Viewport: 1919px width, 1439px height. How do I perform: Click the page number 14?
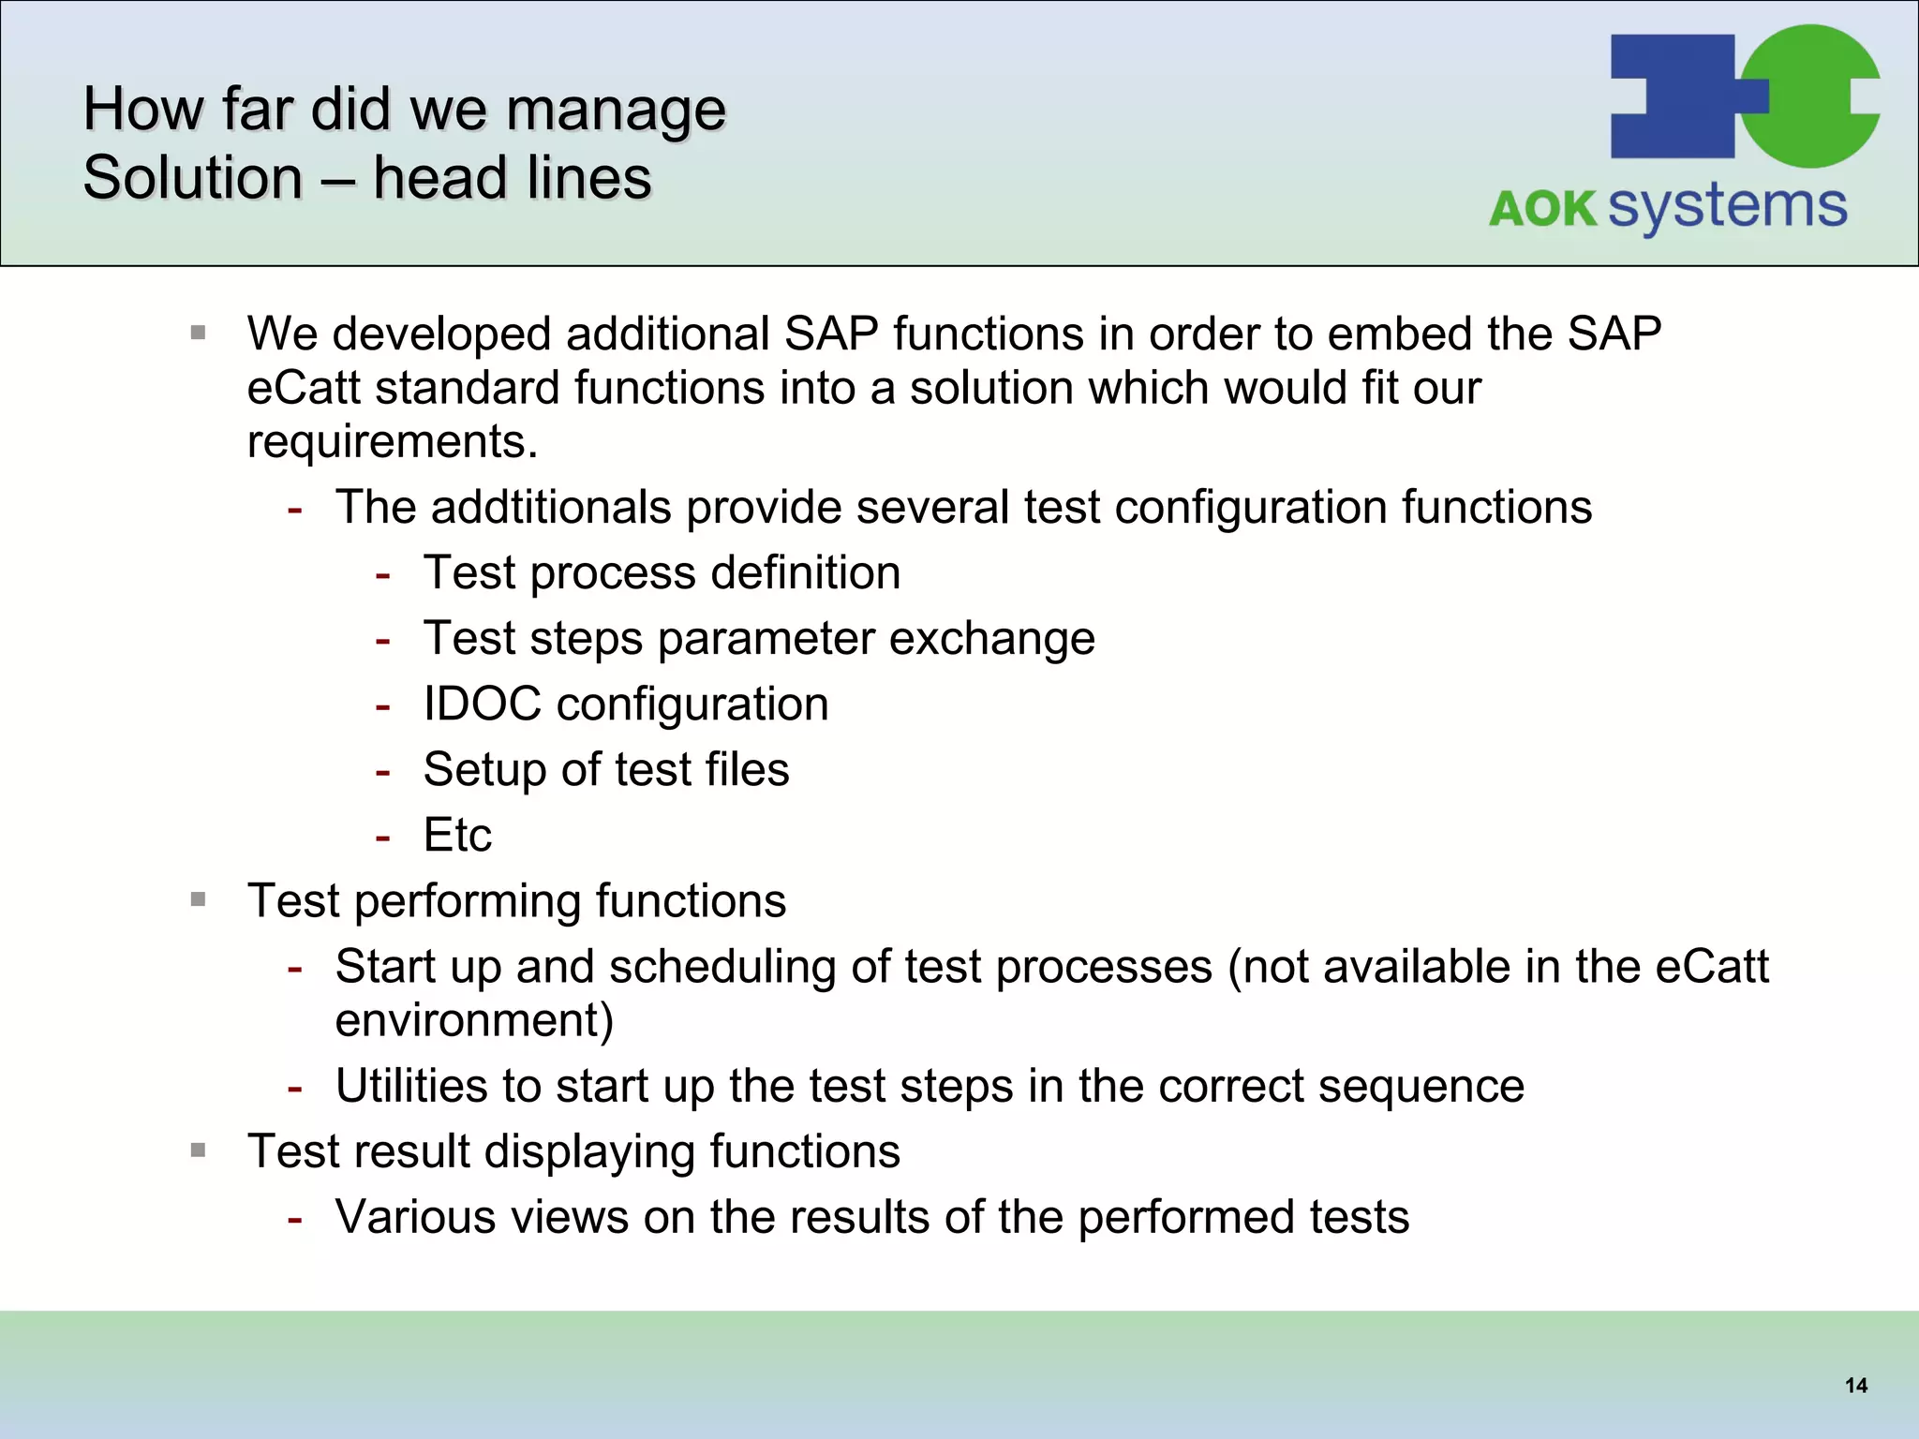coord(1855,1386)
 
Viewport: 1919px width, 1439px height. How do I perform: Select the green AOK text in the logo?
coord(1542,209)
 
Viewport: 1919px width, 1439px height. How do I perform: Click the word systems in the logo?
coord(1727,207)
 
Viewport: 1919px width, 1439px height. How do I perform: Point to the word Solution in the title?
coord(193,178)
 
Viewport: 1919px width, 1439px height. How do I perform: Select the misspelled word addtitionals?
coord(550,508)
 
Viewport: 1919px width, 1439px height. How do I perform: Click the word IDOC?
coord(482,705)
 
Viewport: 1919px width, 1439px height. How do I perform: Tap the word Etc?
coord(457,836)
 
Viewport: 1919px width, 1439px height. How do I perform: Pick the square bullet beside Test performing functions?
coord(198,900)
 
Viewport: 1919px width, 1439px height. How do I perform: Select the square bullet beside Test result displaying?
coord(198,1150)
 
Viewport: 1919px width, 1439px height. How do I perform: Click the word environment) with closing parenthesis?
coord(474,1021)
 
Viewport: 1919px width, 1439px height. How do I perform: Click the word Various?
coord(422,1218)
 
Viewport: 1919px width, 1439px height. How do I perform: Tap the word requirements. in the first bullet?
coord(393,442)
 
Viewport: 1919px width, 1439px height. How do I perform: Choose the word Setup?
coord(484,770)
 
